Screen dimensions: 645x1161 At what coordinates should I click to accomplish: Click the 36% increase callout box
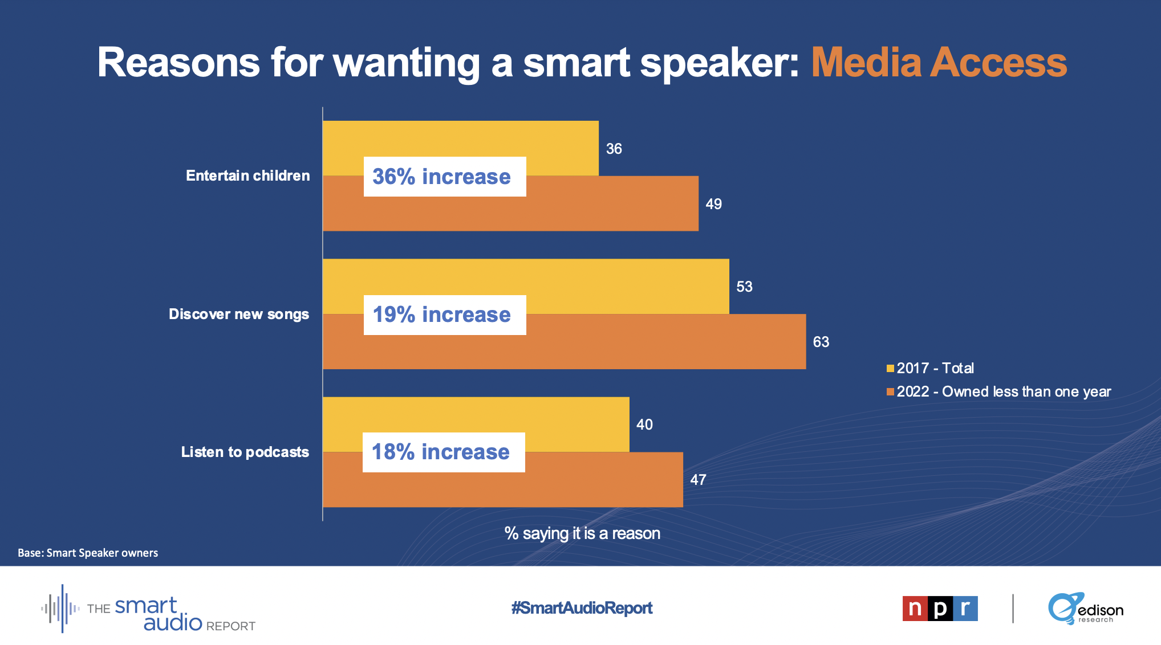pos(445,177)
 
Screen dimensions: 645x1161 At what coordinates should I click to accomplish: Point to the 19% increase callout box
pos(445,315)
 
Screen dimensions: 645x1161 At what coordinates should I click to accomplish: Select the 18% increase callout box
pos(444,452)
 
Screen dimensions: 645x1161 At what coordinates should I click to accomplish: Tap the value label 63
pos(821,342)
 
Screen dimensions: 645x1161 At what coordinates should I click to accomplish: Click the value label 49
pos(713,204)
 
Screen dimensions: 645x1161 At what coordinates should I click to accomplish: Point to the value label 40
pos(644,424)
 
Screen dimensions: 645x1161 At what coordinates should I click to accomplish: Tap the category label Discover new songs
pos(239,314)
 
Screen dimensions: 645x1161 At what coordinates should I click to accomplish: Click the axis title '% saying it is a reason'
pos(582,533)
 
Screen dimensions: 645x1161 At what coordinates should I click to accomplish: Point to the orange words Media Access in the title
pos(939,63)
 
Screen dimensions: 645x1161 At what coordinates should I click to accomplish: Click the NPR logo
pos(940,609)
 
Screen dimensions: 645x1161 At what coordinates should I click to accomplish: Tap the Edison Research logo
pos(1085,609)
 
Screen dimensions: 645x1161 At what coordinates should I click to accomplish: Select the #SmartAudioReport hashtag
pos(582,608)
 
